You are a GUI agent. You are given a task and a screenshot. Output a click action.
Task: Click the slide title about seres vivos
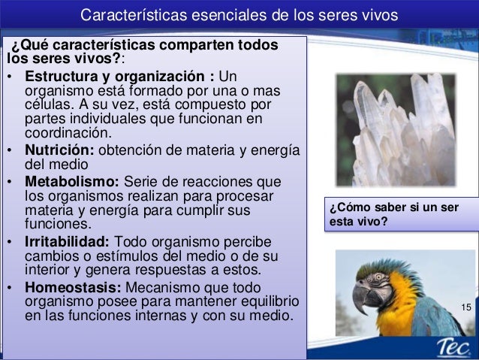[239, 15]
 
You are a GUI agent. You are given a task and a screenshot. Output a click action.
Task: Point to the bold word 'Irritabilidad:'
[68, 241]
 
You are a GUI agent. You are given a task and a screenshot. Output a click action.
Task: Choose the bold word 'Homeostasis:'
[74, 288]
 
